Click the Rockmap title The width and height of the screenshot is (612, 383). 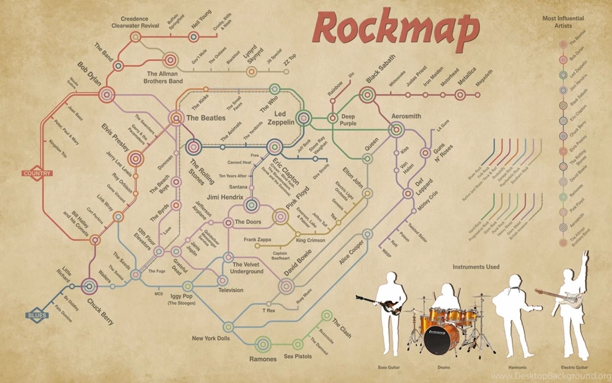(396, 29)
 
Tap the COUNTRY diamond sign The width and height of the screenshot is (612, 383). (37, 174)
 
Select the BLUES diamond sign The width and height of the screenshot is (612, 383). (37, 315)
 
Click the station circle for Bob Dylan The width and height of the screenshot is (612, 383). (107, 94)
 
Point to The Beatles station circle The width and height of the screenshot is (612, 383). (176, 118)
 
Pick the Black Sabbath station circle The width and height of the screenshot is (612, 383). (368, 95)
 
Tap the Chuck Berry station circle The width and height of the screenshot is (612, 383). (89, 286)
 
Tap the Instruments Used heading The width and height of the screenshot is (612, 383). (476, 267)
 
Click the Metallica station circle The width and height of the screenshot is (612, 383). (460, 95)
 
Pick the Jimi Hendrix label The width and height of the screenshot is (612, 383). (225, 197)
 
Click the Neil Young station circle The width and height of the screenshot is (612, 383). (193, 37)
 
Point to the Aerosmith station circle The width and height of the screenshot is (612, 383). (396, 128)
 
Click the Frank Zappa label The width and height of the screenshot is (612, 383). (258, 239)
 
